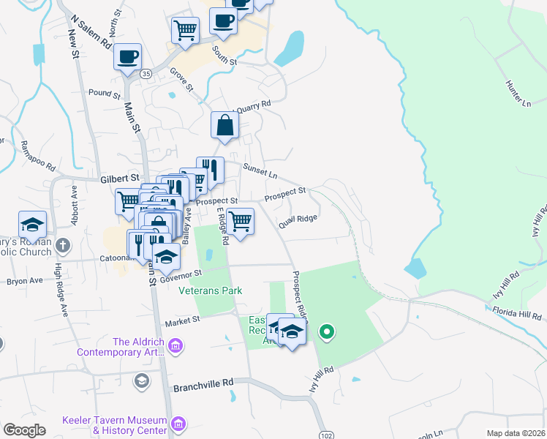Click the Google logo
[x=24, y=430]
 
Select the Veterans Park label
[x=211, y=290]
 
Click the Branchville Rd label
[x=202, y=383]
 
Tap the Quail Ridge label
[x=297, y=218]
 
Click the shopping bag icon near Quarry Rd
[x=225, y=125]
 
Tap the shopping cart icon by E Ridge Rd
[x=239, y=221]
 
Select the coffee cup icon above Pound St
[x=127, y=57]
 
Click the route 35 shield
[x=146, y=74]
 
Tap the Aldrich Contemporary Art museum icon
[x=175, y=345]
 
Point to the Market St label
[x=182, y=320]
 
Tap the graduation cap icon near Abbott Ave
[x=32, y=225]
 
